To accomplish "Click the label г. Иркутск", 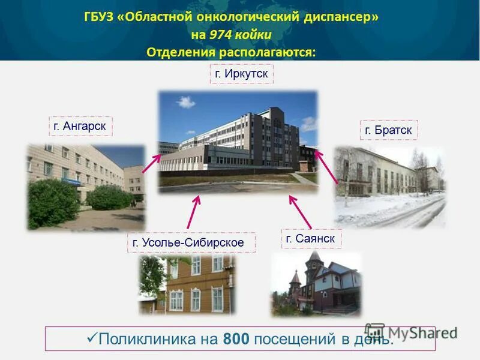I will (x=241, y=74).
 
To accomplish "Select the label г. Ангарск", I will (x=80, y=127).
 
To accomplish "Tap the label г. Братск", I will (x=389, y=130).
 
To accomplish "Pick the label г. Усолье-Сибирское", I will (x=191, y=242).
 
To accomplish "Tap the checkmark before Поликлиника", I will (x=92, y=338).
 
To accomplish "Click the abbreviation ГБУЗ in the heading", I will (x=100, y=17).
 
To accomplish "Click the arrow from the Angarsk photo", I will (x=151, y=163).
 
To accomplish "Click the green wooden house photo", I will (x=187, y=286).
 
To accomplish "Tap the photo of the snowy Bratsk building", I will (x=390, y=187).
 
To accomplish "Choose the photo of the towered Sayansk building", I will (x=316, y=284).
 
